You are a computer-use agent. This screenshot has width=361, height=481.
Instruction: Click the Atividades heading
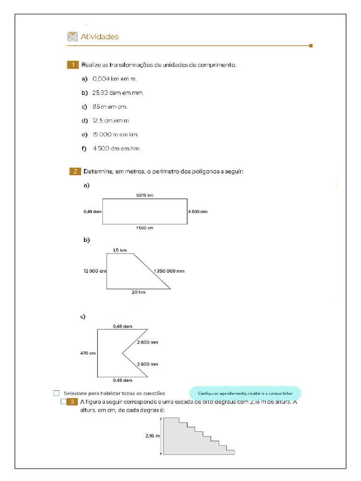tap(100, 37)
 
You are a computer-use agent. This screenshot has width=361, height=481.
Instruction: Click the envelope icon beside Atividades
tap(72, 37)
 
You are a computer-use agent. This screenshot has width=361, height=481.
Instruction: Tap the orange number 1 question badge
tap(73, 65)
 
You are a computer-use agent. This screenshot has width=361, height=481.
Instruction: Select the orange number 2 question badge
tap(75, 171)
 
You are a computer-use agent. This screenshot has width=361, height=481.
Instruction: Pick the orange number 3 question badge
tap(72, 402)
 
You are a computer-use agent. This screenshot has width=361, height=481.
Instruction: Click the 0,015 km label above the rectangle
tap(145, 195)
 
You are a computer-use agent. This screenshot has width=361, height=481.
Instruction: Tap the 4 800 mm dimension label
tap(197, 212)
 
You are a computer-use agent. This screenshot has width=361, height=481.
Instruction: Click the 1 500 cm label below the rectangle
tap(145, 228)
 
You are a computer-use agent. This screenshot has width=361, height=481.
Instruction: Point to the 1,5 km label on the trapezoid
tap(120, 250)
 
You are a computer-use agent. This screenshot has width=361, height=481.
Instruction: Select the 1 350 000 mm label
tap(169, 271)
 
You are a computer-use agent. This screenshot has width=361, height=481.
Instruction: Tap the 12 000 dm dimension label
tap(95, 271)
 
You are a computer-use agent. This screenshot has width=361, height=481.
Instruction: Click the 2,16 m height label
tap(153, 436)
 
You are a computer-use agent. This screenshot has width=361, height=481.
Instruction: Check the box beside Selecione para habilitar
tap(57, 393)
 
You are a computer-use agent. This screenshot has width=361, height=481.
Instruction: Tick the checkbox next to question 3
tap(63, 402)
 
